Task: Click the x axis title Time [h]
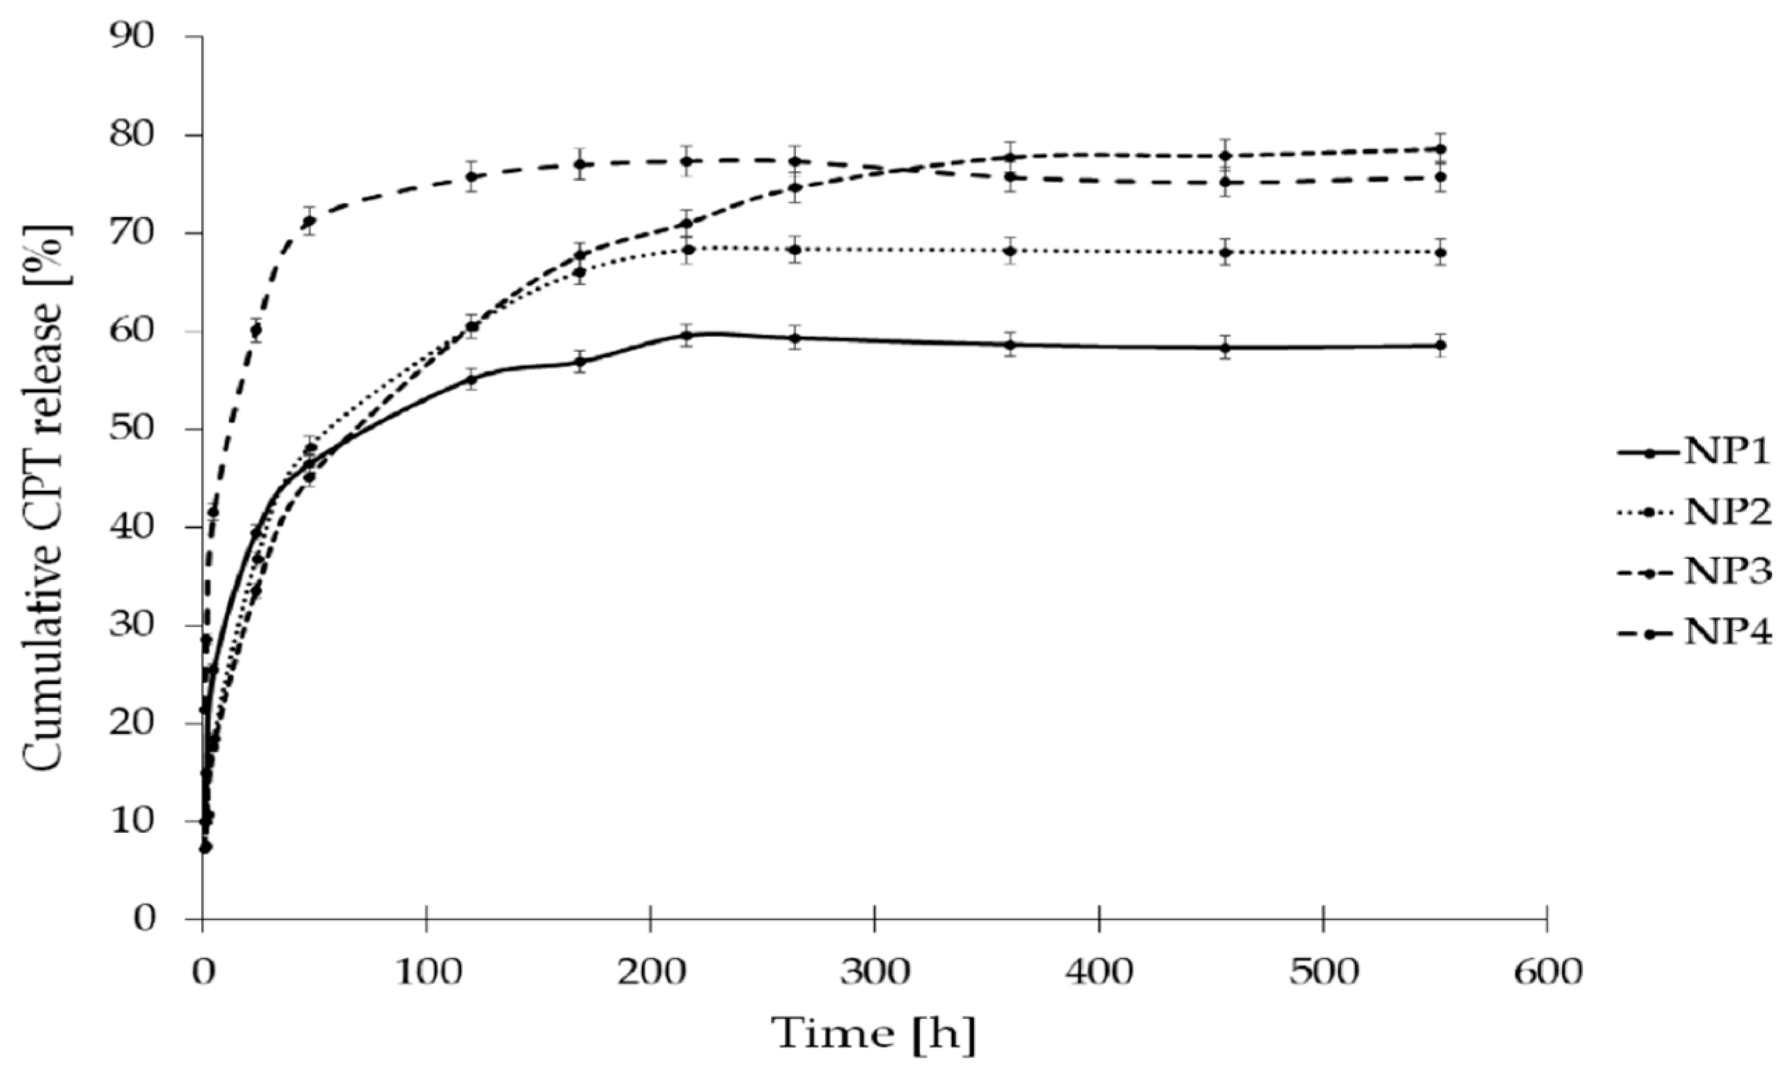click(x=874, y=1034)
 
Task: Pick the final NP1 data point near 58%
click(x=1440, y=345)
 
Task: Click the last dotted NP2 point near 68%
click(x=1440, y=252)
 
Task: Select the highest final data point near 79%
click(x=1440, y=149)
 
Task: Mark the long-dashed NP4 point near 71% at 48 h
click(x=310, y=221)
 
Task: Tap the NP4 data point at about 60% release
click(x=255, y=330)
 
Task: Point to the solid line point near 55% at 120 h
click(x=471, y=379)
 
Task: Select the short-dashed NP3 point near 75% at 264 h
click(x=795, y=188)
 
